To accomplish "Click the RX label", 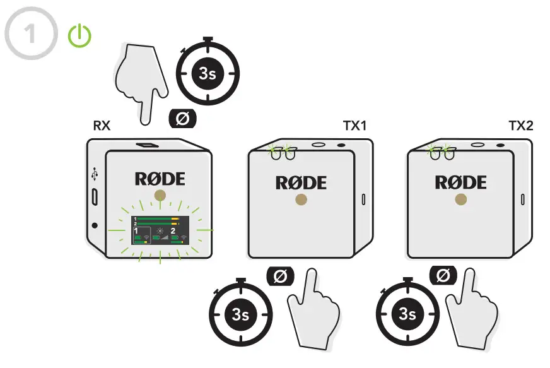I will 102,126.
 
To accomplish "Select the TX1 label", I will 355,126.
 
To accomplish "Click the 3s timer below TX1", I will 240,314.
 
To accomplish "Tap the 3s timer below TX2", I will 407,314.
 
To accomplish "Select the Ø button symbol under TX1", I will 280,275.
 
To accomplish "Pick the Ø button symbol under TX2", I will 443,275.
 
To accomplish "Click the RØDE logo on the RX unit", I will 160,179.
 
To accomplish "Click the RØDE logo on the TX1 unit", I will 301,183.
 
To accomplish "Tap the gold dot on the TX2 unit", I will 461,200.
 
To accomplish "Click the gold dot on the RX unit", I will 160,195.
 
